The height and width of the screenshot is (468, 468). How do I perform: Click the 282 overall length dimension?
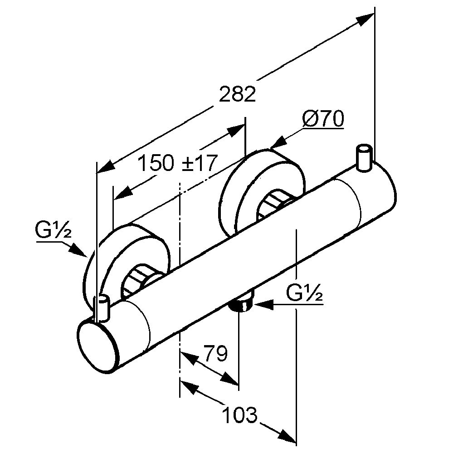tap(238, 94)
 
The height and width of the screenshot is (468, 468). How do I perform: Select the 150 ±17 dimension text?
tap(177, 163)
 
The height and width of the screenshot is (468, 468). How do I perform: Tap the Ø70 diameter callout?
tap(323, 119)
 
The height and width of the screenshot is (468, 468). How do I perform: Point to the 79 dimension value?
tap(215, 354)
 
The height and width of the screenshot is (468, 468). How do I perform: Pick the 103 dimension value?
tap(240, 414)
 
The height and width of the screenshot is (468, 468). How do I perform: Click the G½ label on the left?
tap(53, 231)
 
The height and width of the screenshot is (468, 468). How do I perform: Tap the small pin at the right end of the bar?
tap(364, 158)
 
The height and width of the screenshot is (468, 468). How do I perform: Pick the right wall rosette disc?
tap(245, 190)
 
